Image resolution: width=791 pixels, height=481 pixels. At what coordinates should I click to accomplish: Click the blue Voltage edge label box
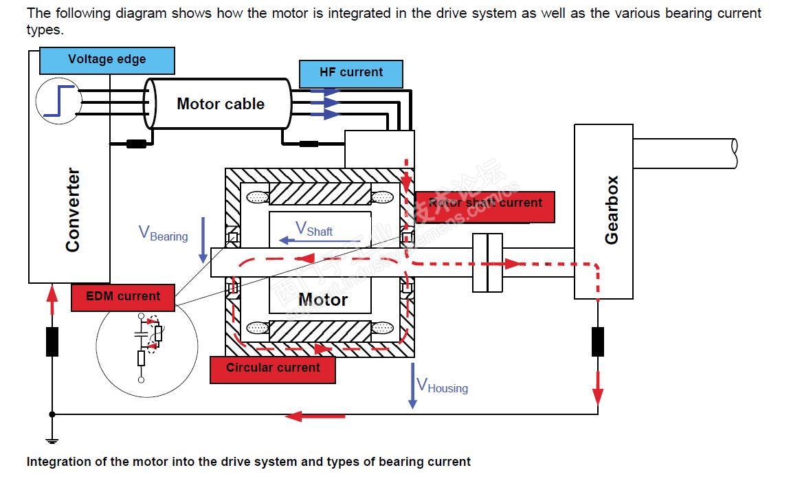(x=107, y=60)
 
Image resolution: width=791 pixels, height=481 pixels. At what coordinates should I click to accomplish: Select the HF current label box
(x=351, y=73)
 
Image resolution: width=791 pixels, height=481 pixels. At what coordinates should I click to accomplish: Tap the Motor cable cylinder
(x=220, y=104)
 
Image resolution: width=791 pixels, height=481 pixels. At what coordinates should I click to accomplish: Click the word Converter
(x=73, y=210)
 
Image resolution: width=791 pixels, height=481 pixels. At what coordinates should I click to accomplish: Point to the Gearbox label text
(x=611, y=210)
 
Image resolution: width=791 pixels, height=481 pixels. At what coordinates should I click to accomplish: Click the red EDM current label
(x=123, y=297)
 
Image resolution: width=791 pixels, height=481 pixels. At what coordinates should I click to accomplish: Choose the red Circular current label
(x=273, y=368)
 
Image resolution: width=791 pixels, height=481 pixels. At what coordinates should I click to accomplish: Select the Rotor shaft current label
(x=485, y=203)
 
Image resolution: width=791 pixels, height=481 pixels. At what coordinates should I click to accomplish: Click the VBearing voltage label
(x=164, y=234)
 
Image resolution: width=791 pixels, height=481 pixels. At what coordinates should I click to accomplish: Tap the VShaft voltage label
(x=314, y=229)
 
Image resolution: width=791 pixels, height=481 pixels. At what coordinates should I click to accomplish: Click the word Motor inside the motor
(x=323, y=300)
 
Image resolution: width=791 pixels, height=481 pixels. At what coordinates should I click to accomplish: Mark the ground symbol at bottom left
(x=52, y=440)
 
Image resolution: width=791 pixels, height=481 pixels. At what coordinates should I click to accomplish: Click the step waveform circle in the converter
(x=58, y=102)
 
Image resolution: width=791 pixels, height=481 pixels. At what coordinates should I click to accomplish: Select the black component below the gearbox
(x=598, y=342)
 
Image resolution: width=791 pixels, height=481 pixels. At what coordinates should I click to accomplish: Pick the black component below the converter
(x=52, y=342)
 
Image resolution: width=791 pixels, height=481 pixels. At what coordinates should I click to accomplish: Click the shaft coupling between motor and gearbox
(x=487, y=262)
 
